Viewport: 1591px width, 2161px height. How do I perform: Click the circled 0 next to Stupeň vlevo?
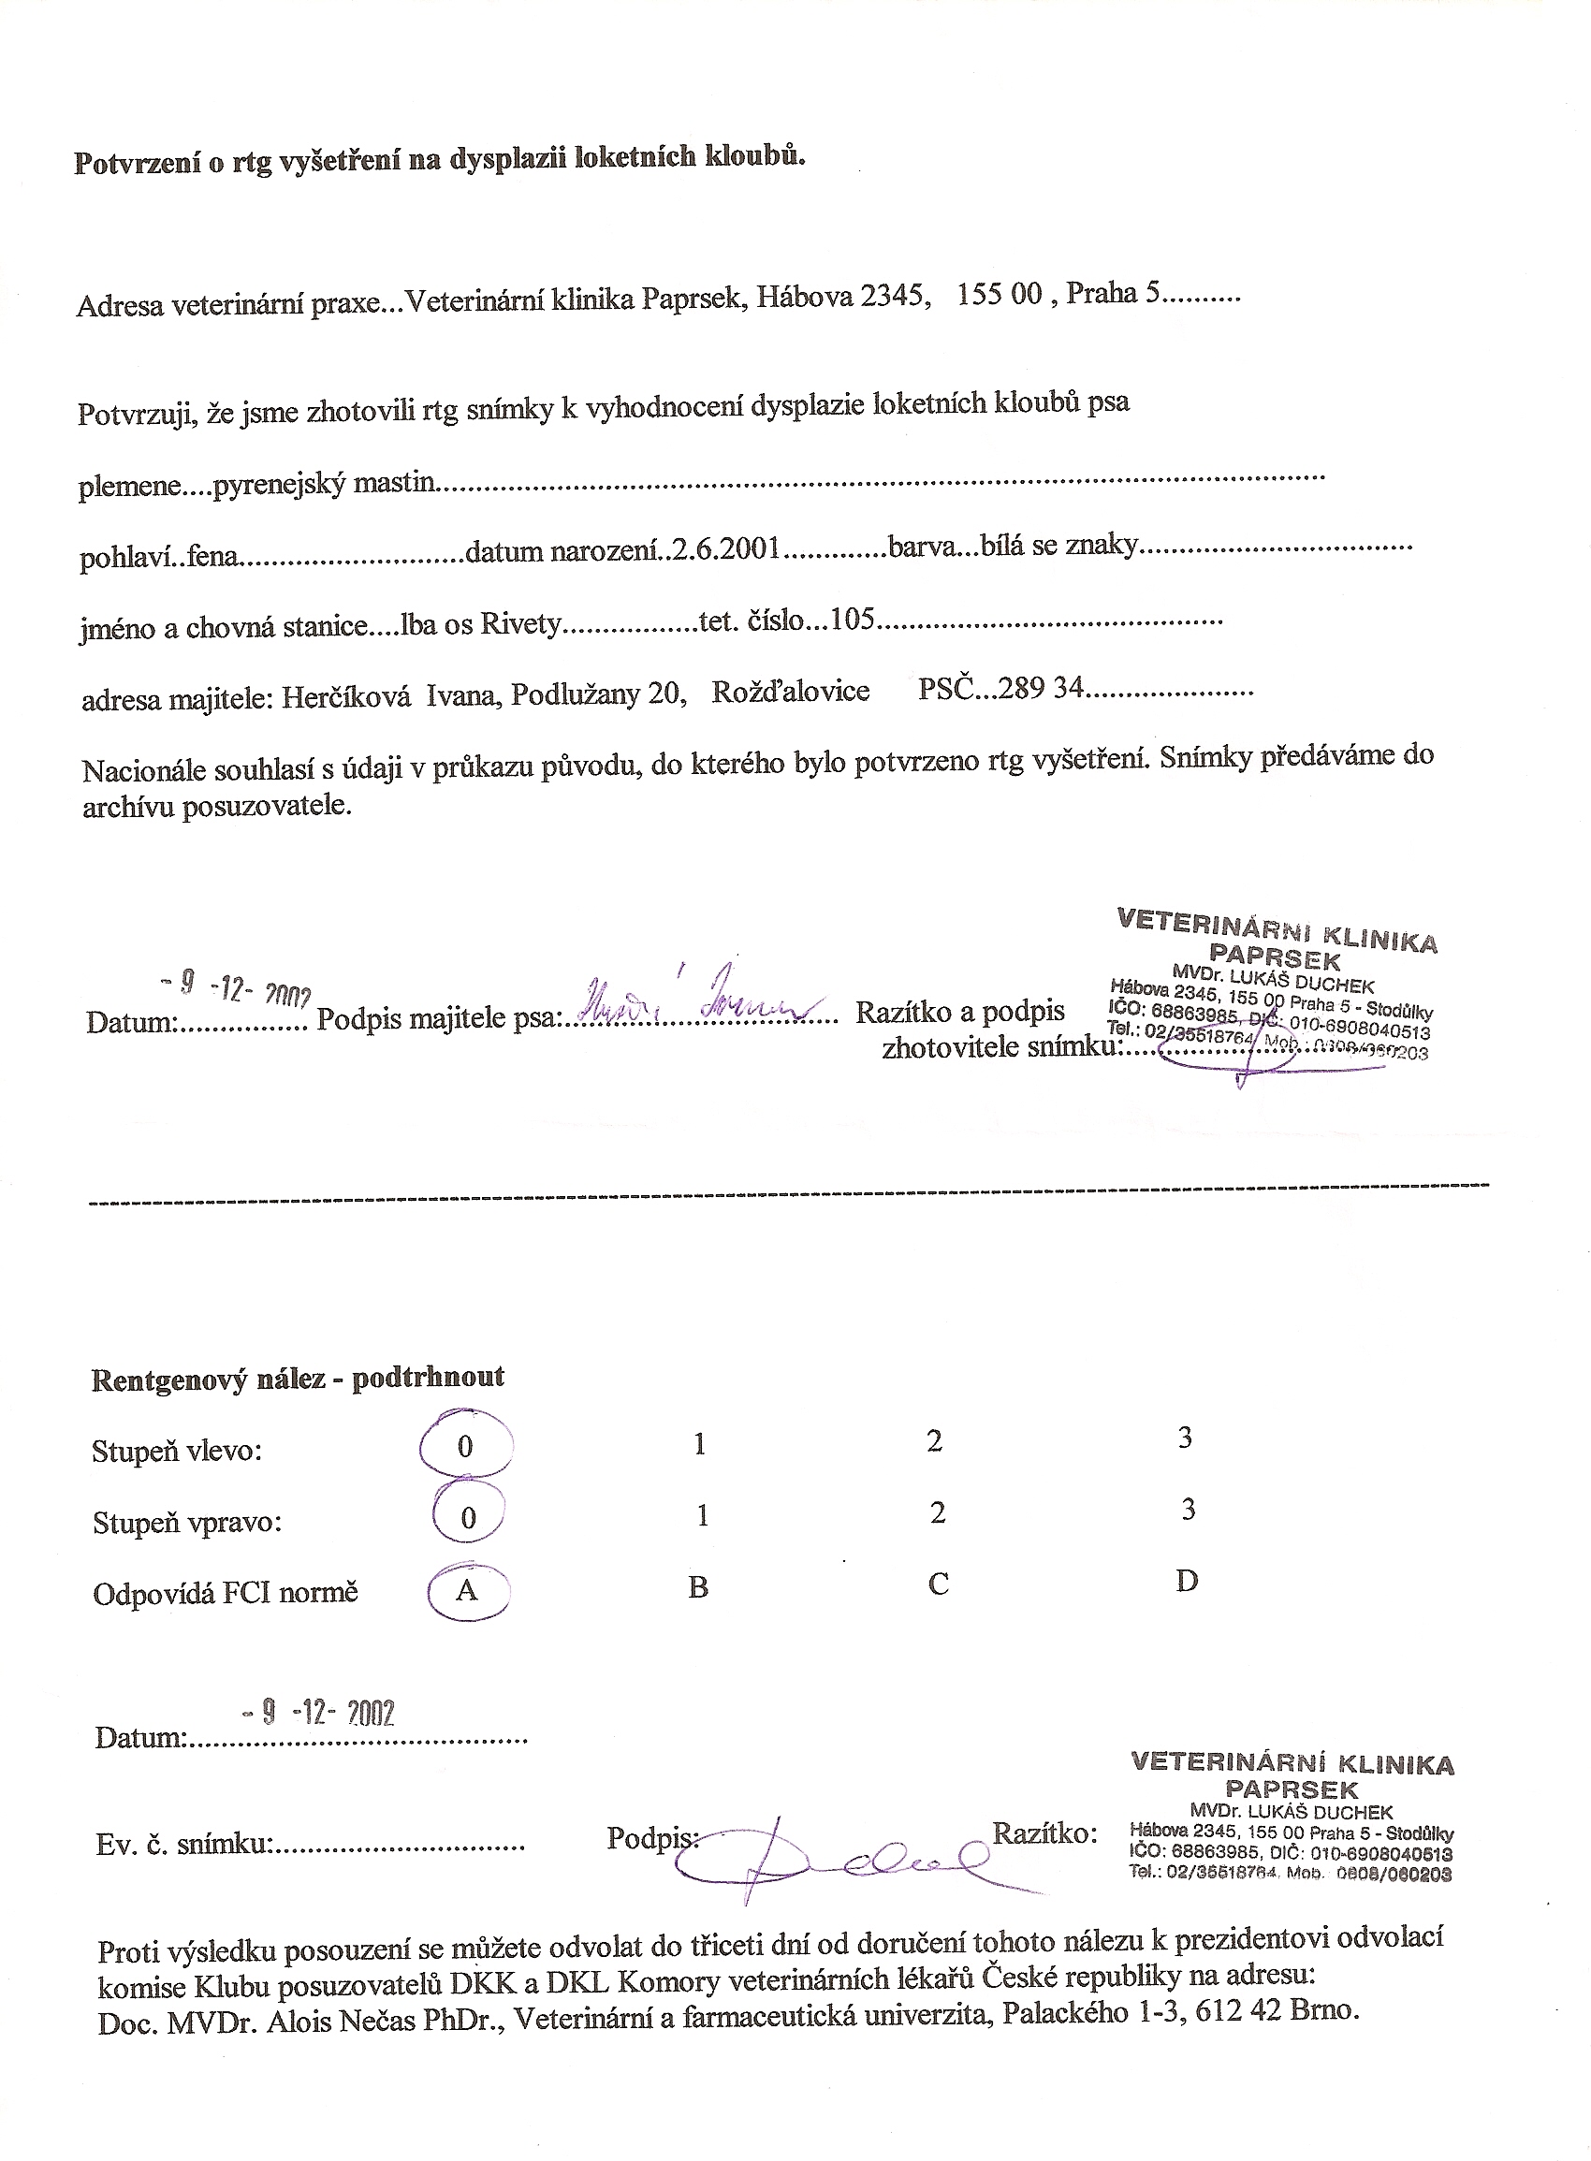coord(465,1448)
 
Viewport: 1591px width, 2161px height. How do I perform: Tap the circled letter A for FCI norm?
coord(466,1590)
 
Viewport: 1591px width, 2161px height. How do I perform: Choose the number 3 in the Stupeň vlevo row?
coord(1185,1438)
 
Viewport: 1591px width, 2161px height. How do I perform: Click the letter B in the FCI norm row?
coord(698,1587)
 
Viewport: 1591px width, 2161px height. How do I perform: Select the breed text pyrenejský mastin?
coord(324,483)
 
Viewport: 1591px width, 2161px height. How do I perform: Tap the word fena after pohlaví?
coord(212,558)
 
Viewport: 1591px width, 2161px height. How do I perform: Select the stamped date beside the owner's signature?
coord(237,986)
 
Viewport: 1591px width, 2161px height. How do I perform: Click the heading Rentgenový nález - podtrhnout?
coord(298,1378)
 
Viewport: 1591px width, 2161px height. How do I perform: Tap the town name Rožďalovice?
coord(791,692)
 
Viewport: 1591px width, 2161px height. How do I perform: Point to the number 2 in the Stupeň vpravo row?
coord(938,1513)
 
